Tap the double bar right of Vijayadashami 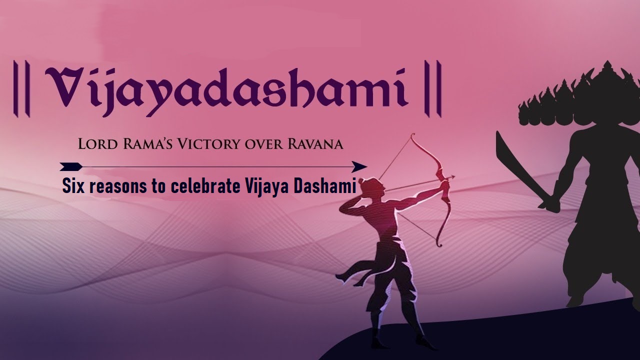coord(432,88)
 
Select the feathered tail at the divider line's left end coord(70,166)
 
